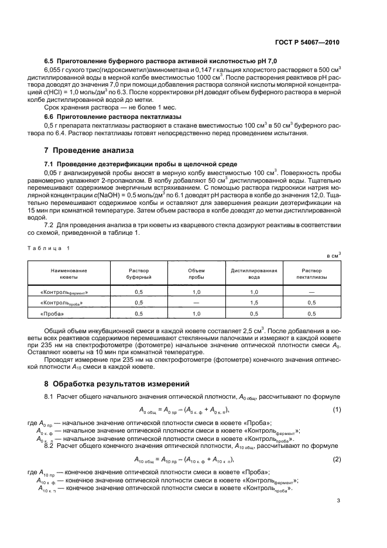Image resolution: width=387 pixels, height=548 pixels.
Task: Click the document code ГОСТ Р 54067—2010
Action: coord(311,43)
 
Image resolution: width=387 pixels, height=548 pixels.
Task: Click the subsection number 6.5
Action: coord(50,61)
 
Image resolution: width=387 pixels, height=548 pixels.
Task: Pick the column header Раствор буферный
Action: coord(139,274)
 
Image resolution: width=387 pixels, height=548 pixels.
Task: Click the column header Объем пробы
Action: coord(196,274)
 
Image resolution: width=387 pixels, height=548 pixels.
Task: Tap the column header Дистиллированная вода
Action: coord(254,274)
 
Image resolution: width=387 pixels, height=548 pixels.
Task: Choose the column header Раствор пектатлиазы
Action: coord(311,274)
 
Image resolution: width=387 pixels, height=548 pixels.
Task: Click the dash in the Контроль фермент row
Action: coord(311,291)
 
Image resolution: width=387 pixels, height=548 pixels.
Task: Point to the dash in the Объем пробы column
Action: coord(196,302)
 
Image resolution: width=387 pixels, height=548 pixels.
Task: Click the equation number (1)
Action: coord(337,409)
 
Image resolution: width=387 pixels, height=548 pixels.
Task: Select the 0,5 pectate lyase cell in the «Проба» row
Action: coord(311,313)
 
